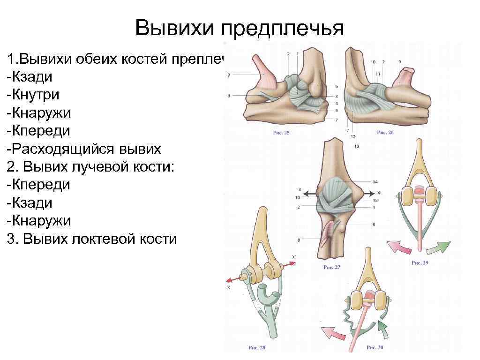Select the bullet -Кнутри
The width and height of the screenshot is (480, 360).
33,95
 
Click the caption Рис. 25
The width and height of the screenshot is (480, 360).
281,133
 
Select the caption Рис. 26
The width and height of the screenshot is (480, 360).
385,133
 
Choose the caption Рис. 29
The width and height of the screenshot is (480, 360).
420,263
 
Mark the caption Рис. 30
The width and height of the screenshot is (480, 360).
375,348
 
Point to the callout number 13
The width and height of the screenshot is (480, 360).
357,147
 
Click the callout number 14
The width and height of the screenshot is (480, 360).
375,181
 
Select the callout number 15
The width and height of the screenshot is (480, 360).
375,200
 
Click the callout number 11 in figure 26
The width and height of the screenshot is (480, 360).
377,74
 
